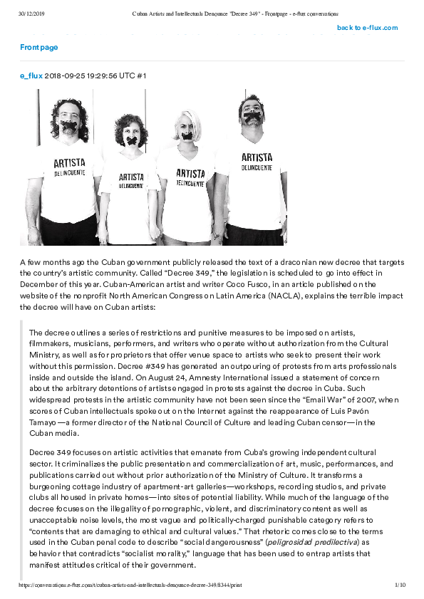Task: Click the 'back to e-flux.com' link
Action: [x=367, y=28]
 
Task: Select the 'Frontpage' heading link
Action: [x=39, y=47]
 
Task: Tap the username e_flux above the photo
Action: [x=31, y=75]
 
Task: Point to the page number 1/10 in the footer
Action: [x=400, y=585]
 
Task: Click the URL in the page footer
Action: [x=130, y=585]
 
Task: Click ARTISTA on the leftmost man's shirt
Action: [x=69, y=162]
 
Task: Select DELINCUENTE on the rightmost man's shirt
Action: [x=257, y=168]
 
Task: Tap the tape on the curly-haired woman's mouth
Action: [x=133, y=142]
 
